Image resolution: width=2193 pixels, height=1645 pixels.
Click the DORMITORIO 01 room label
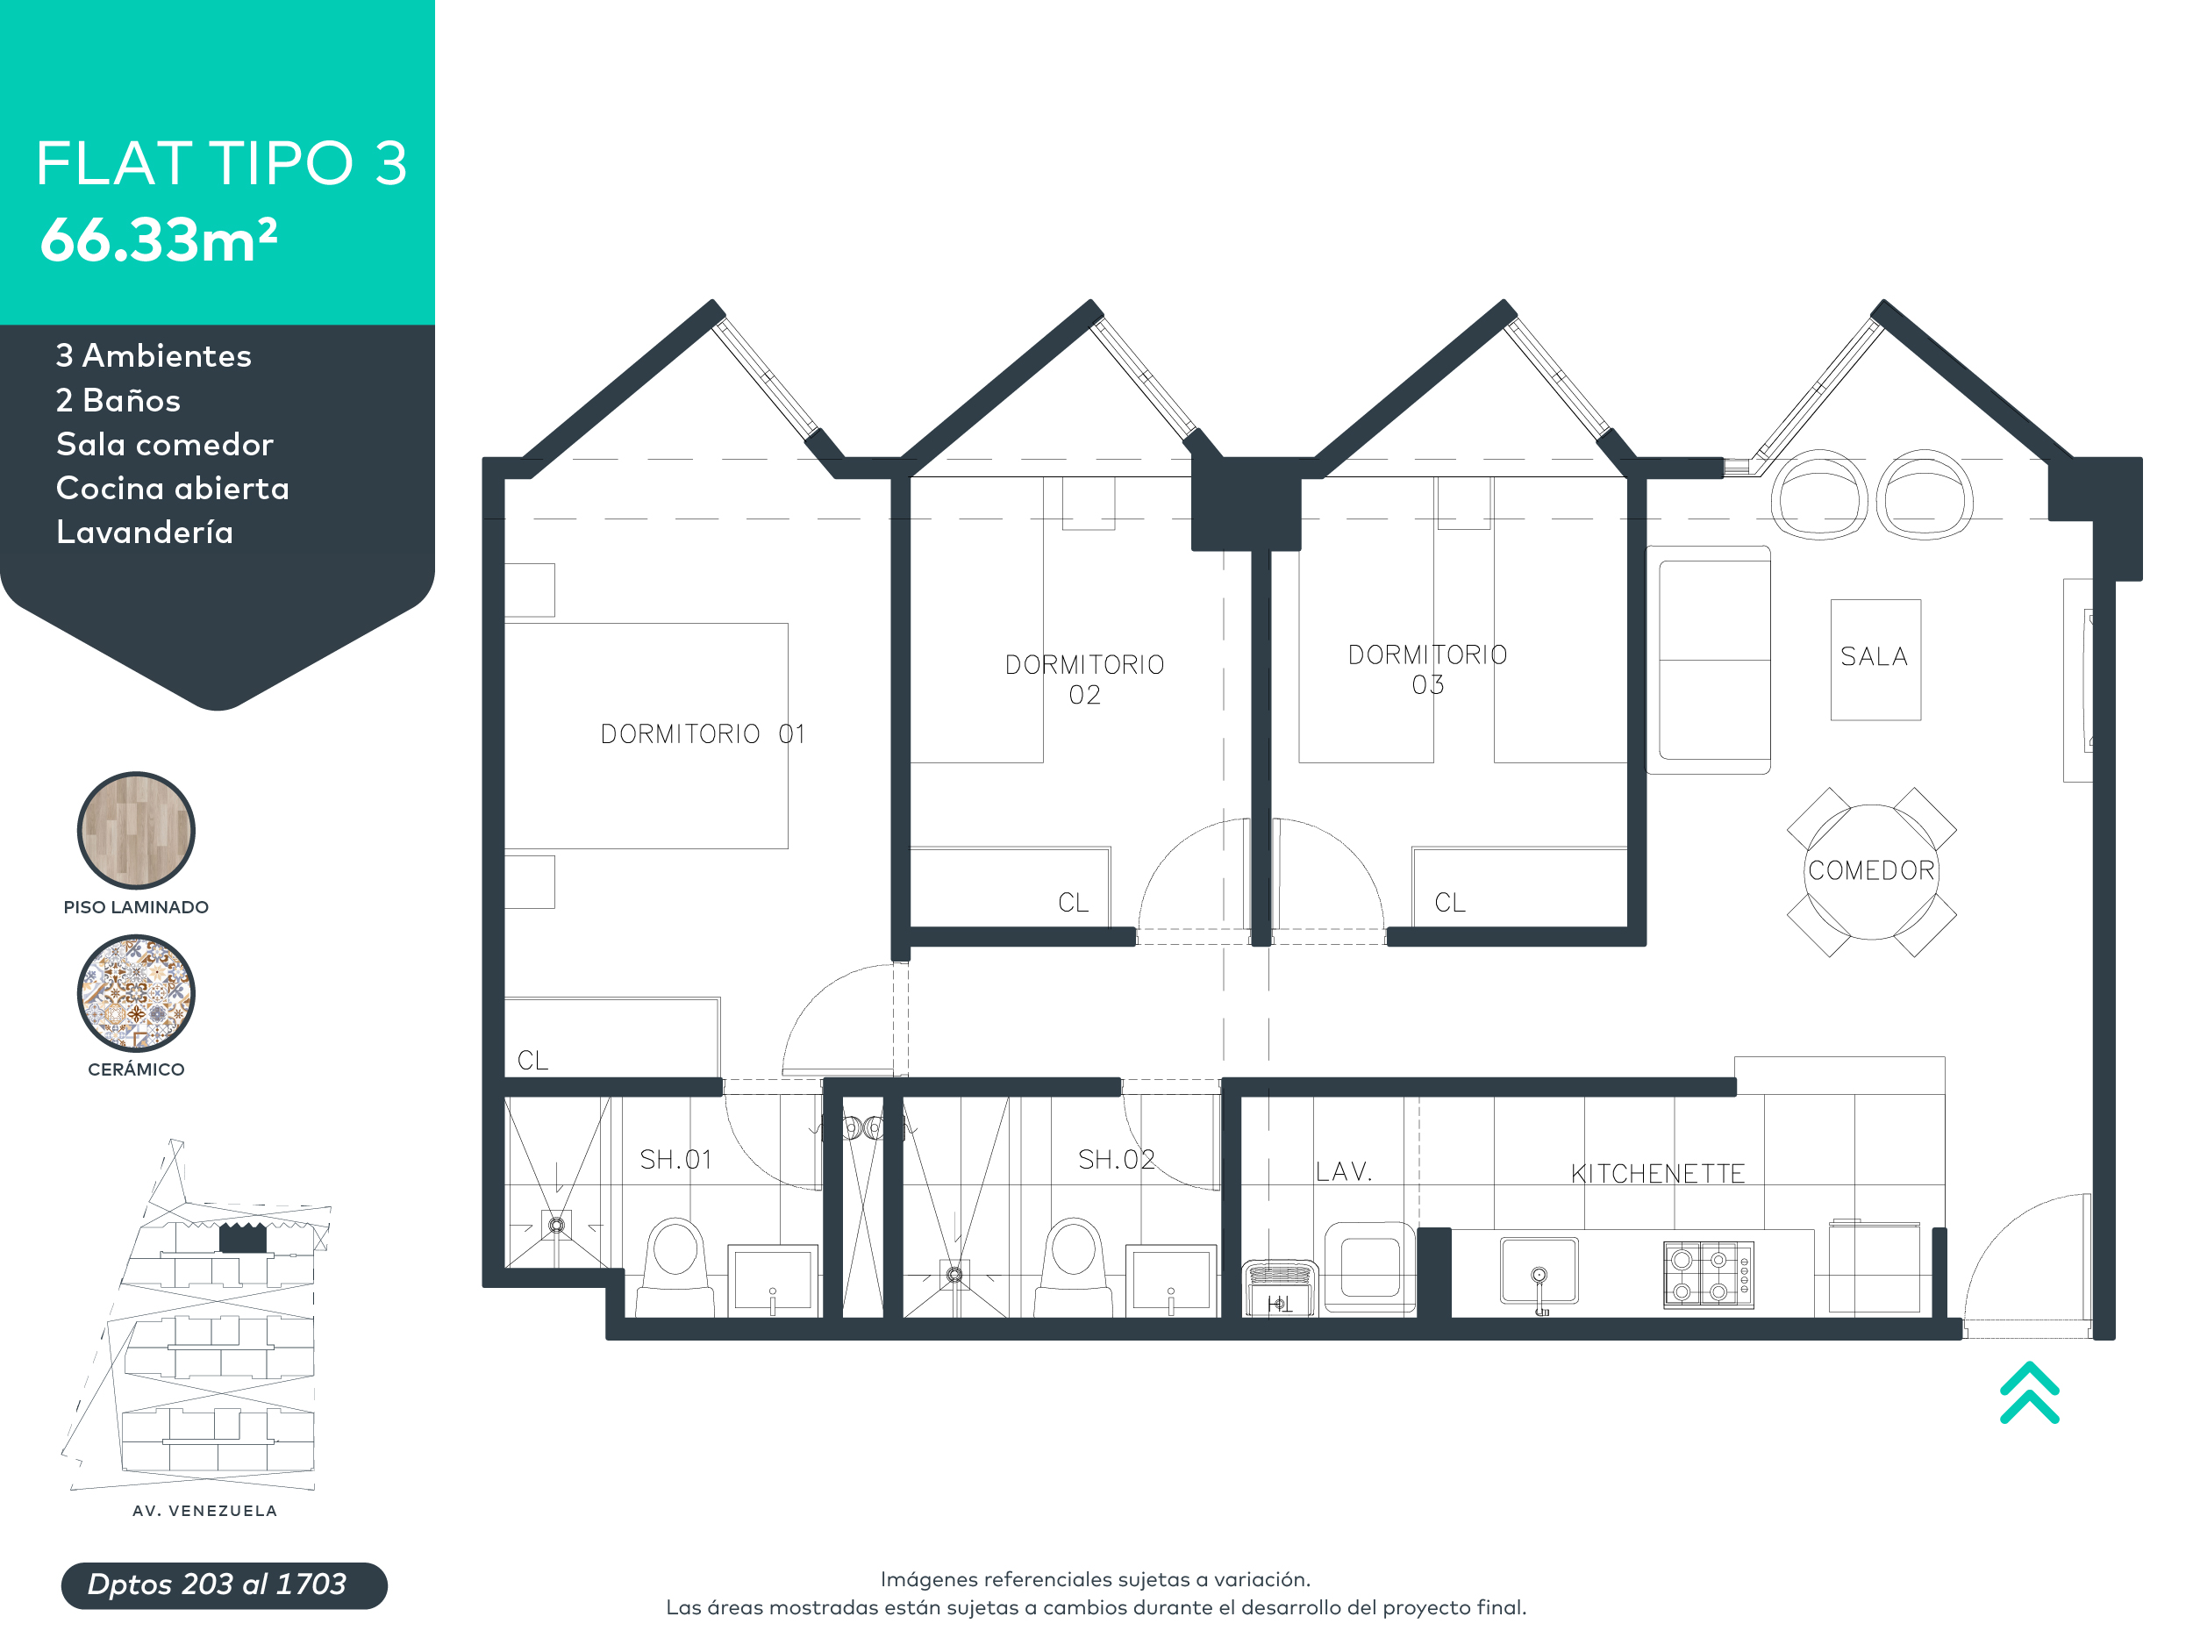[702, 734]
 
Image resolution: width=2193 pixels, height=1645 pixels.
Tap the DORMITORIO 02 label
[1084, 679]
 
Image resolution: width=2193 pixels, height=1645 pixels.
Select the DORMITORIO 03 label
[1427, 669]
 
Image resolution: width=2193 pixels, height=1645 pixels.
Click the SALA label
[1874, 657]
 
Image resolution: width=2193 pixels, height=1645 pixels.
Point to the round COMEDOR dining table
[1871, 871]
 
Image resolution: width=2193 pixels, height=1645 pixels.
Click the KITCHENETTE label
[1657, 1174]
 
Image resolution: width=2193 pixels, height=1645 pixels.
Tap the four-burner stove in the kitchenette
[1708, 1275]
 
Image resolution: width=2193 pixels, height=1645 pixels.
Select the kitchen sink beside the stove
[1539, 1271]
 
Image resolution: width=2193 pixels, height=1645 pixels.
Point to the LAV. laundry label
[1343, 1172]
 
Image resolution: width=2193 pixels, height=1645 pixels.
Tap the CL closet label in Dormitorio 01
[532, 1061]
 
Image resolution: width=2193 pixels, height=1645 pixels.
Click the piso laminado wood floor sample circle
[136, 830]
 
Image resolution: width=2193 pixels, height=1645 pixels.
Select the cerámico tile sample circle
[136, 993]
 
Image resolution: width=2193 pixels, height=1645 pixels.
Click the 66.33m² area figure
[159, 240]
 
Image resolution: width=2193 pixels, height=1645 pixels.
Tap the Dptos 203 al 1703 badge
[224, 1584]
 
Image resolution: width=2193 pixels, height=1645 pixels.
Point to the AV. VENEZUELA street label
[204, 1511]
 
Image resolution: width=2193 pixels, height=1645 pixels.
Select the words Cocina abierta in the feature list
[173, 489]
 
